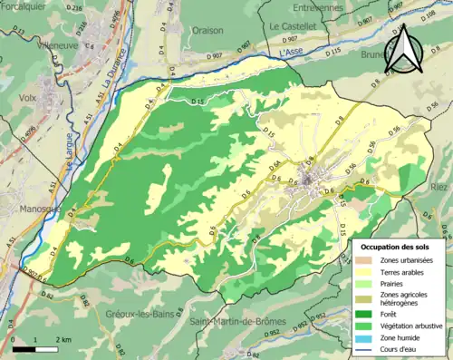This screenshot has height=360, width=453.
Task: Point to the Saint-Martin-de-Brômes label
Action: click(238, 322)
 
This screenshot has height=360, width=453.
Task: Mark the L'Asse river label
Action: click(291, 54)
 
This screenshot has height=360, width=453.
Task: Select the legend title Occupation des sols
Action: click(396, 246)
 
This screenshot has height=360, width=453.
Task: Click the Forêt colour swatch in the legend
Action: click(364, 308)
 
